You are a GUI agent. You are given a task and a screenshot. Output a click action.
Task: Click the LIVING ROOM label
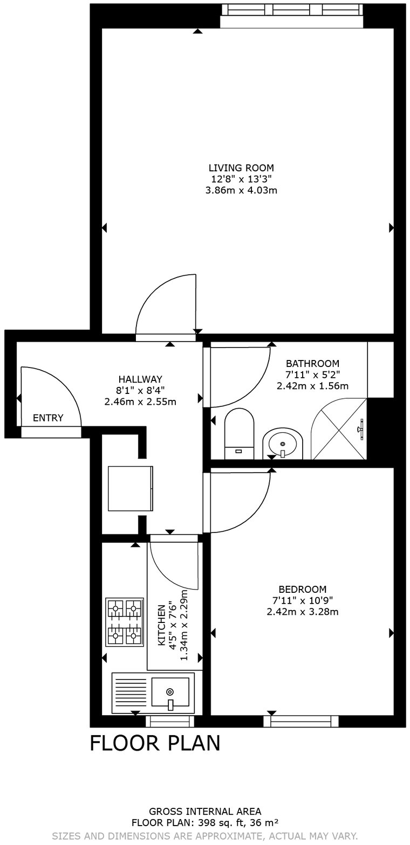pyautogui.click(x=241, y=168)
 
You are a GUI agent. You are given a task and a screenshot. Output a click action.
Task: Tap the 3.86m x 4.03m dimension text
pyautogui.click(x=241, y=190)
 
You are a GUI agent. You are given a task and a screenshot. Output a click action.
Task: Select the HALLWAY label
pyautogui.click(x=140, y=379)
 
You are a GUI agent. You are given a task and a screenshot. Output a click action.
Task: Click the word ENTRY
pyautogui.click(x=48, y=418)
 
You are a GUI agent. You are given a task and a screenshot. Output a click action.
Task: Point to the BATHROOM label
pyautogui.click(x=312, y=363)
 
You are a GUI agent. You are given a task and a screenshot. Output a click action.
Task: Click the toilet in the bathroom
pyautogui.click(x=239, y=433)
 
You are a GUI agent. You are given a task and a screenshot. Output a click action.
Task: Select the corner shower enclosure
pyautogui.click(x=340, y=429)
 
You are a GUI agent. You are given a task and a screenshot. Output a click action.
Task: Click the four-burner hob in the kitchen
pyautogui.click(x=125, y=621)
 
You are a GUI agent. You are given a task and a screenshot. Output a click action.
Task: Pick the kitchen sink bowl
pyautogui.click(x=170, y=692)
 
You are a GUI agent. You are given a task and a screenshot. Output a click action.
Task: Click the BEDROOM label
pyautogui.click(x=302, y=589)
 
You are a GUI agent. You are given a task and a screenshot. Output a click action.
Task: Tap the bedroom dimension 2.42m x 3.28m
pyautogui.click(x=302, y=612)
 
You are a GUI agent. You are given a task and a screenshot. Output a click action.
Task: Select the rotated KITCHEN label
pyautogui.click(x=161, y=625)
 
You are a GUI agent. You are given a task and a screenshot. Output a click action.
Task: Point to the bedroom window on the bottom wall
pyautogui.click(x=301, y=721)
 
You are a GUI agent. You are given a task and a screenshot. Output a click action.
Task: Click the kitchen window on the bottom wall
pyautogui.click(x=170, y=721)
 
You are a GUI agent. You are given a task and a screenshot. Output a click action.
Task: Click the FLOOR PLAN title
pyautogui.click(x=155, y=743)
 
